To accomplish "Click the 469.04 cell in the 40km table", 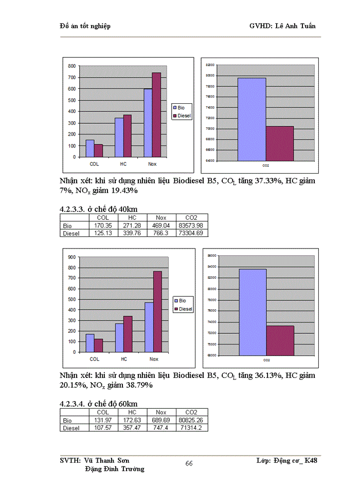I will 161,225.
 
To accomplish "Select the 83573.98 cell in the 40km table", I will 191,225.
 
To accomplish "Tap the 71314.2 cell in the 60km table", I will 191,428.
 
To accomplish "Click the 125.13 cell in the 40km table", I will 103,233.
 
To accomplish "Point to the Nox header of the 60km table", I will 161,412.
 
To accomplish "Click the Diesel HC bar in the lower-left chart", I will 128,334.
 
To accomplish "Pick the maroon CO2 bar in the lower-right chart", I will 280,340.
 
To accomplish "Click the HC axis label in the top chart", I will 123,164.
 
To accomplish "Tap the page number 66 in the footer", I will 189,464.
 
